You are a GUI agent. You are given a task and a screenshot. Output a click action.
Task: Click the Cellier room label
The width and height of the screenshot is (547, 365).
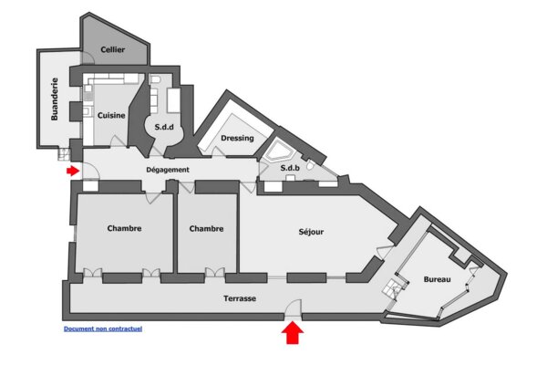tap(113, 49)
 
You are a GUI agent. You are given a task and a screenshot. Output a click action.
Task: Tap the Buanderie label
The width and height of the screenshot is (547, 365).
tap(55, 99)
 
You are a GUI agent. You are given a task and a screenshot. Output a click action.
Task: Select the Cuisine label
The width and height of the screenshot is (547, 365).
tap(111, 115)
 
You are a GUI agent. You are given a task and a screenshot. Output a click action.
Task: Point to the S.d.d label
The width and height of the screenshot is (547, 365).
tap(164, 127)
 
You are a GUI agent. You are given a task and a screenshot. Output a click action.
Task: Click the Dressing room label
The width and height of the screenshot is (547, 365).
tap(237, 138)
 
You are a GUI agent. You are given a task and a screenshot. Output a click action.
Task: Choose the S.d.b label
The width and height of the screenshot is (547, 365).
tap(290, 168)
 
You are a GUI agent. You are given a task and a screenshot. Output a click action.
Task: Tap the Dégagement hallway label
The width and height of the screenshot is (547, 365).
tap(168, 170)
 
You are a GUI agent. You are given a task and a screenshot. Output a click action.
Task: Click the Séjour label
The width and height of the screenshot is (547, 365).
tap(311, 232)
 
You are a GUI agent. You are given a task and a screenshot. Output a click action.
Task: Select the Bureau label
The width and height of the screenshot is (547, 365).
tap(437, 279)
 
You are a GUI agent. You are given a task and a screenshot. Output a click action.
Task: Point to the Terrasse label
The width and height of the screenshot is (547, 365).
tap(240, 298)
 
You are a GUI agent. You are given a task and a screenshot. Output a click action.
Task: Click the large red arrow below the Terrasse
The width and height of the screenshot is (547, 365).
tap(293, 333)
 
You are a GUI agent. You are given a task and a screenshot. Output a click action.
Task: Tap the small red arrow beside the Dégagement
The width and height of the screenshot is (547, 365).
tap(73, 171)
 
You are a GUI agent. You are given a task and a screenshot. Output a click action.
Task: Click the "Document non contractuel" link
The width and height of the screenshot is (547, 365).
tap(103, 328)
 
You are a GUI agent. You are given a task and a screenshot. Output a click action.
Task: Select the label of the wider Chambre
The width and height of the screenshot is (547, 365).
tap(124, 228)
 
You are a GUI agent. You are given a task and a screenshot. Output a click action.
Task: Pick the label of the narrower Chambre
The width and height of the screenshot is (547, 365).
tap(206, 229)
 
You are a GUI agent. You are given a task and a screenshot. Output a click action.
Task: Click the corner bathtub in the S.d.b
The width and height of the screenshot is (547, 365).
tap(278, 151)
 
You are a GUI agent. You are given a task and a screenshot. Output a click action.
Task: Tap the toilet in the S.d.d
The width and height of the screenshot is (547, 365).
tap(155, 80)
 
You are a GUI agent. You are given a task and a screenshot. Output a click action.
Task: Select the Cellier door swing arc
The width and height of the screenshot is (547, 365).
tap(88, 57)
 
